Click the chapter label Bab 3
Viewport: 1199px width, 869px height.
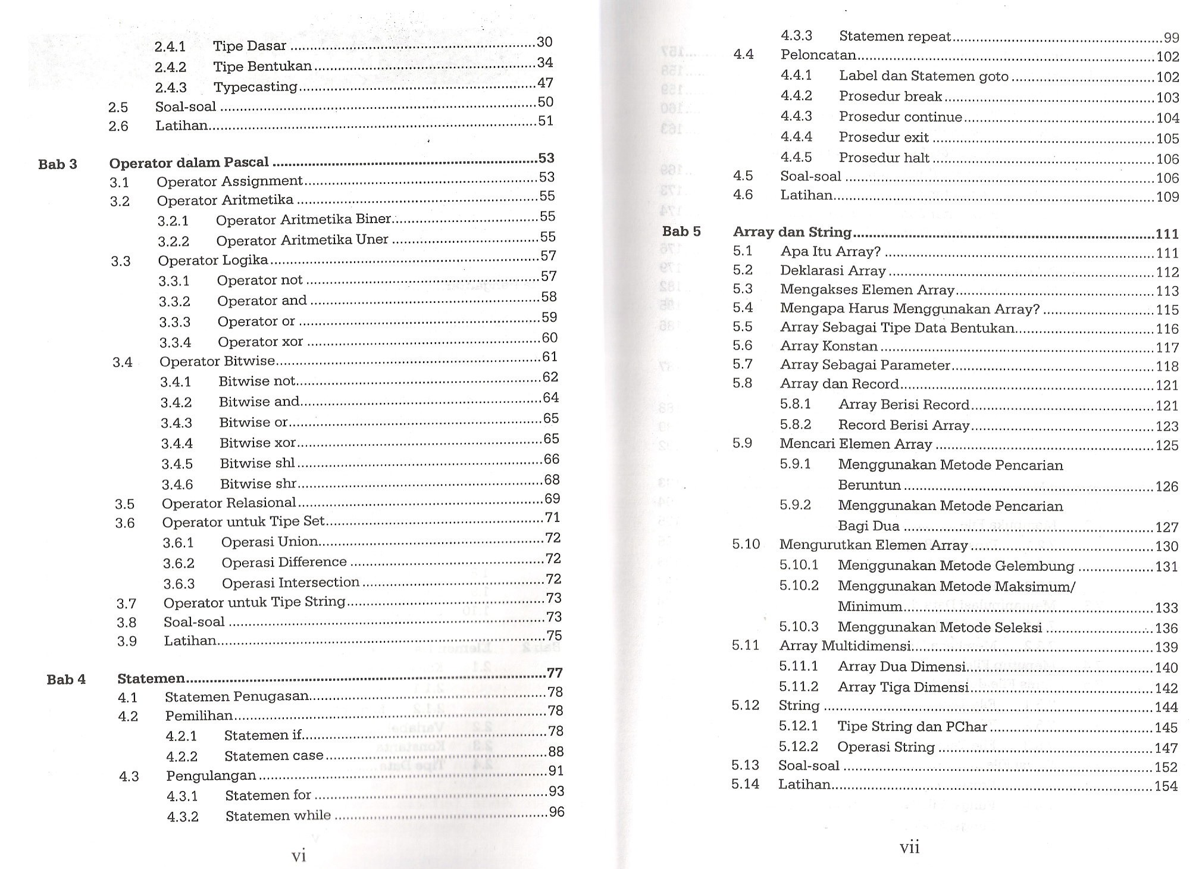pyautogui.click(x=58, y=164)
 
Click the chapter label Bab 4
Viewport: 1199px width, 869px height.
pyautogui.click(x=66, y=679)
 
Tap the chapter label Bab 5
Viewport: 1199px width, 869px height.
pyautogui.click(x=681, y=232)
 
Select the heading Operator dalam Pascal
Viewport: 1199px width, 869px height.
pyautogui.click(x=189, y=162)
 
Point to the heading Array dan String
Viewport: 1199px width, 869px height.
pyautogui.click(x=792, y=232)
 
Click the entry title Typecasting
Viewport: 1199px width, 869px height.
pyautogui.click(x=255, y=87)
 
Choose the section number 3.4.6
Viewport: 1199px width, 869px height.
pyautogui.click(x=177, y=484)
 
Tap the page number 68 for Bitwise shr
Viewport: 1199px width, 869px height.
pyautogui.click(x=552, y=480)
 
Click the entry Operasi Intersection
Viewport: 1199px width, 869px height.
pyautogui.click(x=290, y=583)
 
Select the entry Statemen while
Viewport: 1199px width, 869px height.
pyautogui.click(x=278, y=815)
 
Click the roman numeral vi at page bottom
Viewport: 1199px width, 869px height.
pyautogui.click(x=299, y=856)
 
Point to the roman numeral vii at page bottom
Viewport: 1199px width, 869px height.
pyautogui.click(x=910, y=848)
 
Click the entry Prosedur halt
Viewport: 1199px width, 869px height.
pyautogui.click(x=884, y=158)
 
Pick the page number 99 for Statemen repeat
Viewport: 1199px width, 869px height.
pyautogui.click(x=1171, y=38)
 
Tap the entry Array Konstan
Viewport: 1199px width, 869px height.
pyautogui.click(x=829, y=346)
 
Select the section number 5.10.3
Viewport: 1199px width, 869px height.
pyautogui.click(x=799, y=627)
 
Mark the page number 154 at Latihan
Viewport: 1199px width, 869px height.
pyautogui.click(x=1166, y=786)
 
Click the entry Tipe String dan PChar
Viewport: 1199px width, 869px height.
pyautogui.click(x=912, y=727)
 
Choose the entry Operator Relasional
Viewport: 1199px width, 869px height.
pyautogui.click(x=228, y=504)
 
